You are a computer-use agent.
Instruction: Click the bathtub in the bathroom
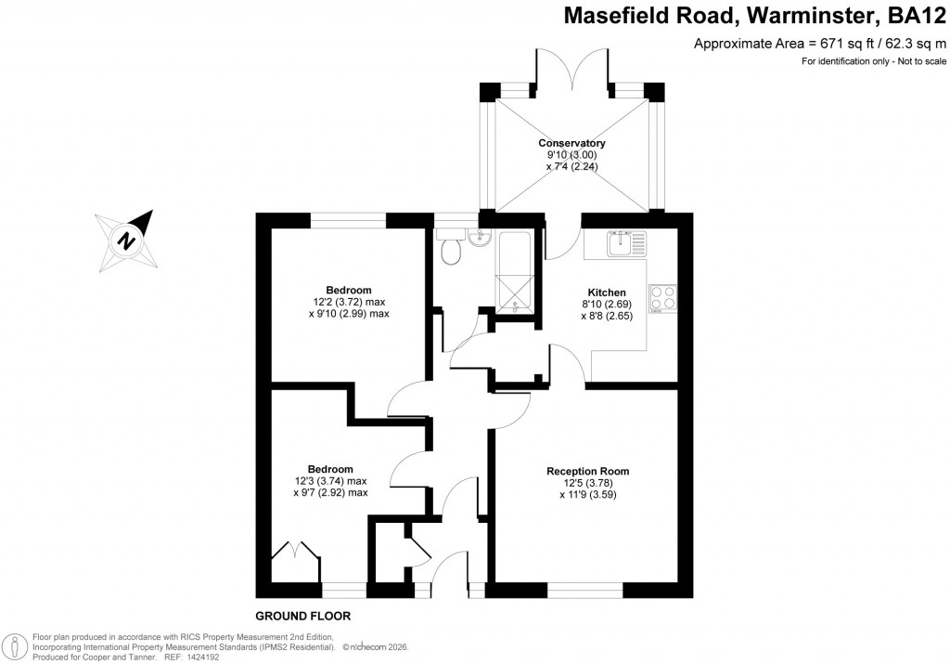516,269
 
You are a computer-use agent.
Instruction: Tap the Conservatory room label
571,143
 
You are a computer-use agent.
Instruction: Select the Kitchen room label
607,292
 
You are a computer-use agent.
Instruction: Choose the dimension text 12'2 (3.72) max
348,302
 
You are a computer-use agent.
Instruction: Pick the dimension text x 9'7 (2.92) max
330,493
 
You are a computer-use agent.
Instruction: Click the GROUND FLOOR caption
302,616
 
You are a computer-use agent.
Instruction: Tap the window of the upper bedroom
348,219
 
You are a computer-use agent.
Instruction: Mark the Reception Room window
585,590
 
